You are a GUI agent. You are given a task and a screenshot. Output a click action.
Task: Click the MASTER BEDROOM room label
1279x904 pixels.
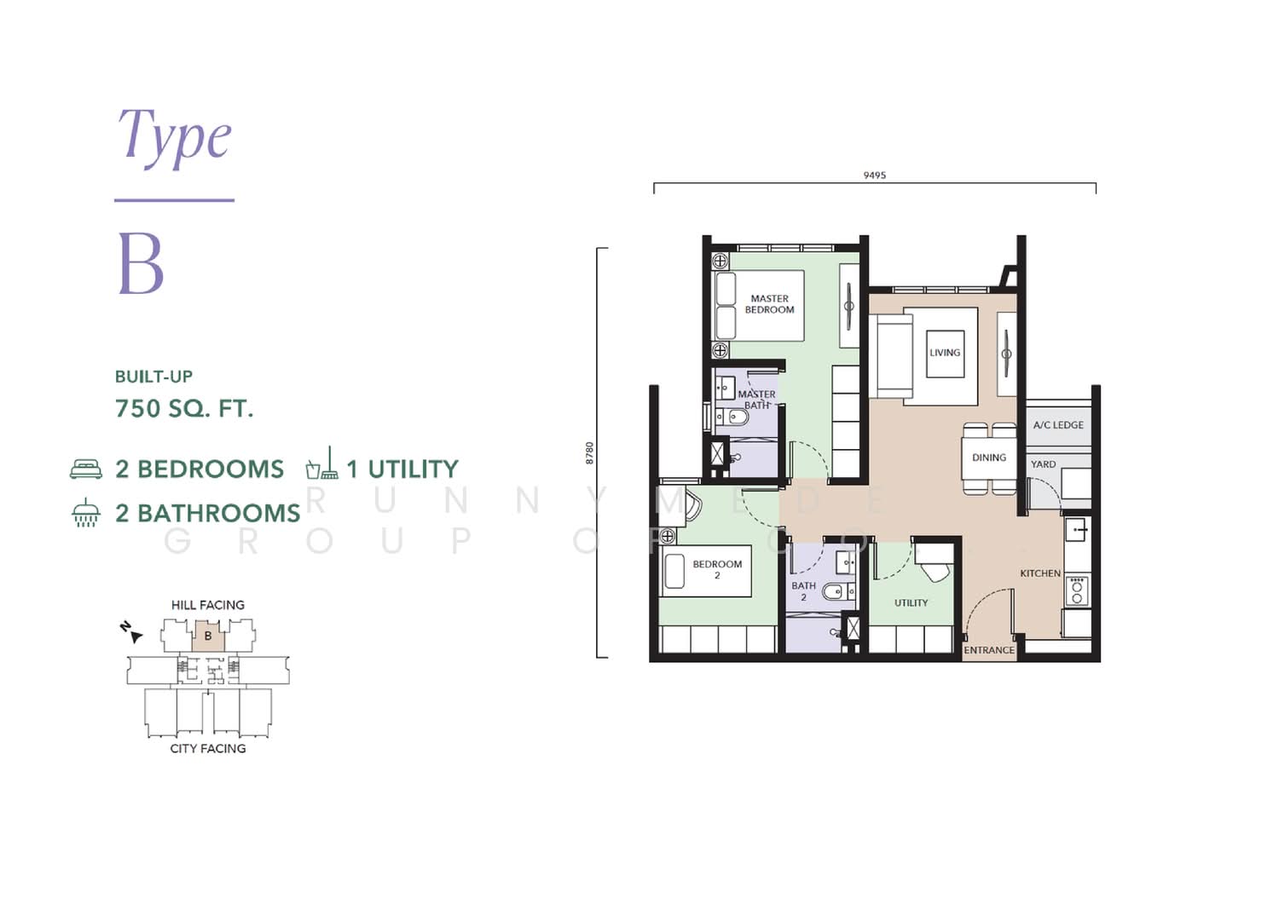coord(770,304)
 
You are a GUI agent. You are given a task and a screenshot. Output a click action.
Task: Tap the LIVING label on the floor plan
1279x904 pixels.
coord(945,353)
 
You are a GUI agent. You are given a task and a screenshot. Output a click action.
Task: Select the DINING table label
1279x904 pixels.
coord(989,458)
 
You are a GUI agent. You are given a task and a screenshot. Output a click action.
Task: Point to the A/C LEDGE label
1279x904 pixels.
coord(1058,425)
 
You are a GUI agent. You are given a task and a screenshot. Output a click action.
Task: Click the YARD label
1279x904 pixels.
coord(1043,464)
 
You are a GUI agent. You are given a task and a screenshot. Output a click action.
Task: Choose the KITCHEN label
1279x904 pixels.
coord(1040,573)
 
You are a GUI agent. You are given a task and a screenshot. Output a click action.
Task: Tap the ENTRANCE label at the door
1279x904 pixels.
coord(989,650)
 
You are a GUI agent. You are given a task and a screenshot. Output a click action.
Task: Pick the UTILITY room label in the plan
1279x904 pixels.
coord(912,602)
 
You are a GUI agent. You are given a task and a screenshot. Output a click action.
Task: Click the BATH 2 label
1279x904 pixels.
coord(803,591)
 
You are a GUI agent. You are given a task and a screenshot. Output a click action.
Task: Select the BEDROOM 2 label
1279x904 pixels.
coord(717,569)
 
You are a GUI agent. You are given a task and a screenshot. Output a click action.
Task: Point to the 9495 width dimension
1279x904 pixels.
coord(875,176)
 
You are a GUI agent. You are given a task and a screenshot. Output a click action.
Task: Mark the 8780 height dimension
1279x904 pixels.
coord(589,452)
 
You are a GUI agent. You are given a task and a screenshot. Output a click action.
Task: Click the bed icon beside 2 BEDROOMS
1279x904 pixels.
coord(85,469)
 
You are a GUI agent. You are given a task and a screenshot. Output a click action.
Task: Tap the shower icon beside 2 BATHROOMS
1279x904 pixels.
coord(85,512)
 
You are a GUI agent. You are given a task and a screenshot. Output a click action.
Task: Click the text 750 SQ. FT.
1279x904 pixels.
coord(184,409)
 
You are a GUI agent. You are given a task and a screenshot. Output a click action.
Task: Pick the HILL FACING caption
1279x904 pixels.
coord(208,605)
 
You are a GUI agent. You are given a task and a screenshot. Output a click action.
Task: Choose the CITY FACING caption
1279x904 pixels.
coord(208,748)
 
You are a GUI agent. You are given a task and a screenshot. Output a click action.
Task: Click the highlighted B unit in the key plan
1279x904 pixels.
coord(208,636)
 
